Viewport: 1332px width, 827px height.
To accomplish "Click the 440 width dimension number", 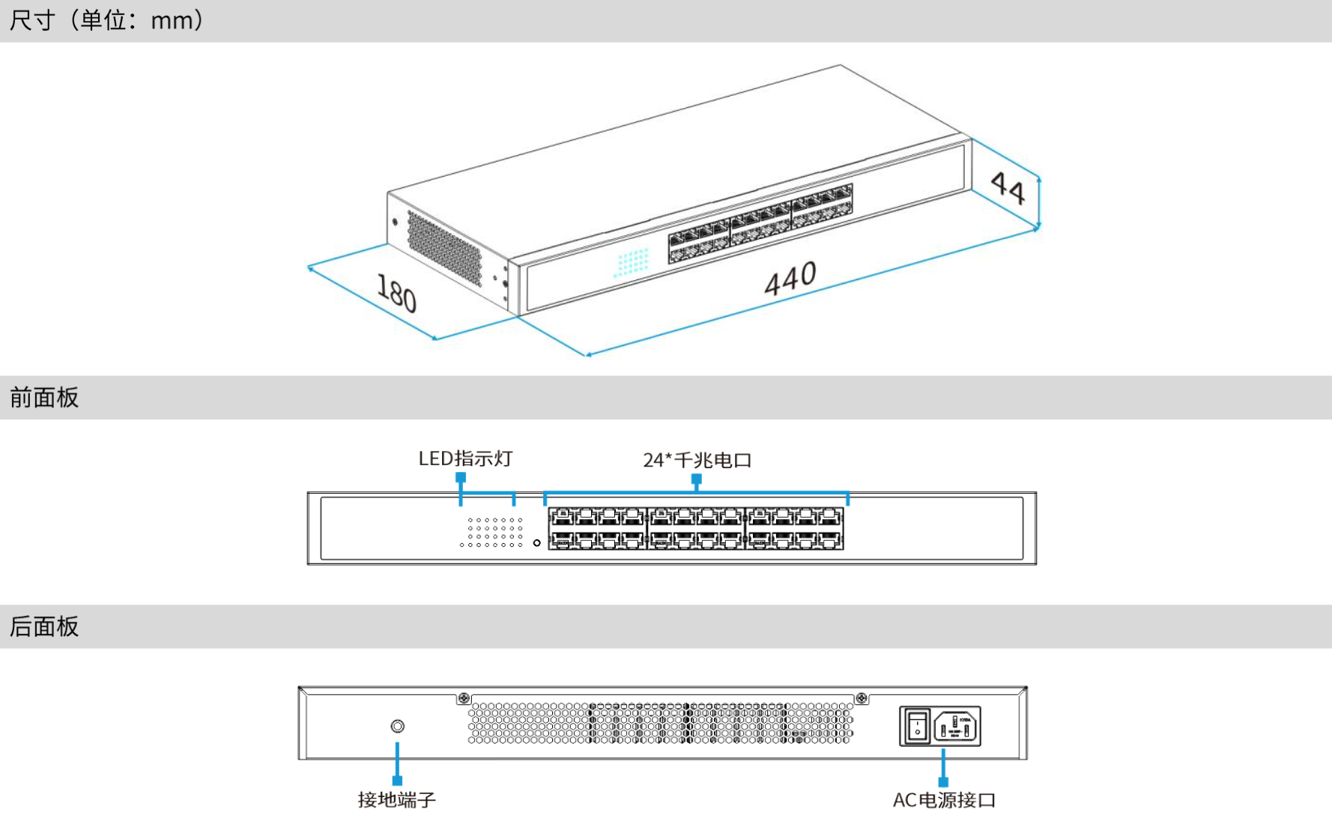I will pos(790,278).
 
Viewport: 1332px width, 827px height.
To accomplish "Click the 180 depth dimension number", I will pos(396,292).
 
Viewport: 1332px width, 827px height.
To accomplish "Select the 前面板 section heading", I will pos(44,398).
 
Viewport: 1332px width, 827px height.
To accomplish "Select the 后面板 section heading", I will pos(44,626).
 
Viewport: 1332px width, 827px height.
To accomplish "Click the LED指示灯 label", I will pos(465,458).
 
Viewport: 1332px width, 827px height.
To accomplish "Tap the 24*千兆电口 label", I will pos(697,460).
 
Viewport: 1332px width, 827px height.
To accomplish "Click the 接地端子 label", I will pos(396,800).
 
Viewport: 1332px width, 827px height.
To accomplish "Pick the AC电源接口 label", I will pos(944,800).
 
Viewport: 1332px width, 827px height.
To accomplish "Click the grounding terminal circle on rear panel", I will pos(398,726).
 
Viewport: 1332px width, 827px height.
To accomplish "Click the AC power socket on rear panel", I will pos(957,727).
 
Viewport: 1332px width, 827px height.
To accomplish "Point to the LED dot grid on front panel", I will pos(492,532).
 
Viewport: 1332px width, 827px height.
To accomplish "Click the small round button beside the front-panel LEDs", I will pos(536,542).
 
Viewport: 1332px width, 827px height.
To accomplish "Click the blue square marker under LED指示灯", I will pos(461,477).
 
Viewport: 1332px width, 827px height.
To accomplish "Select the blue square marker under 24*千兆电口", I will pos(697,478).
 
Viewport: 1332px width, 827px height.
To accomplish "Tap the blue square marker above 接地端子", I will pos(397,781).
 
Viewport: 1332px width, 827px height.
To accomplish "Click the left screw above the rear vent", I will pos(464,698).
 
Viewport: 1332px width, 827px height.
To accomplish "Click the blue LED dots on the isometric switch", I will pos(632,262).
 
